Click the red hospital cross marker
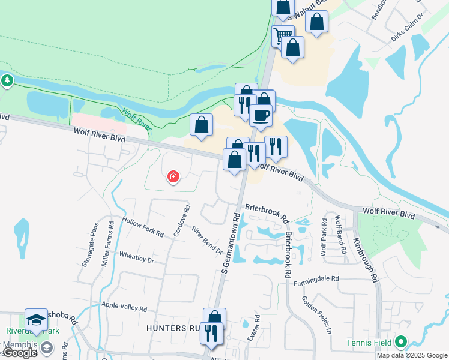173,176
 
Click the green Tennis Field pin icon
401,343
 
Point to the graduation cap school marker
36,320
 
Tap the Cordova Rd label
187,219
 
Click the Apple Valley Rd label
124,307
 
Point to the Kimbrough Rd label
366,260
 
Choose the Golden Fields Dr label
316,314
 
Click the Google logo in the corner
20,353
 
